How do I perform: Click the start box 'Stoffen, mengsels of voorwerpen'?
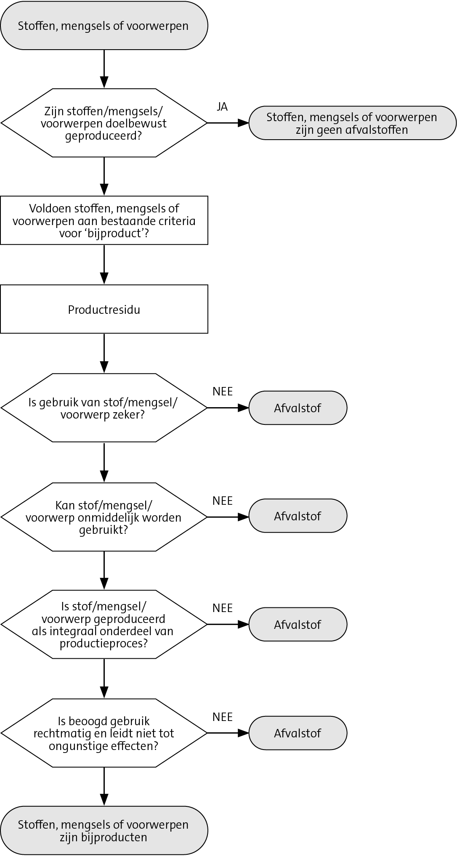(104, 26)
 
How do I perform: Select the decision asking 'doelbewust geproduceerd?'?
(104, 123)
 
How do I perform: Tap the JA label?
(222, 107)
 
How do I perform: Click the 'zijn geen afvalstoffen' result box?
(352, 123)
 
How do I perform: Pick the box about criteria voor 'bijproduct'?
(104, 220)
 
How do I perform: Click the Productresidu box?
(104, 310)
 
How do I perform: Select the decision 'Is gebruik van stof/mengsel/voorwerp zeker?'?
(104, 408)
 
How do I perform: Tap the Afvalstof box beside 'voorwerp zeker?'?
(298, 408)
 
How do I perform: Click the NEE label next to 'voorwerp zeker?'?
(223, 392)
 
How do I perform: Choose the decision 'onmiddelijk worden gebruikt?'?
(104, 517)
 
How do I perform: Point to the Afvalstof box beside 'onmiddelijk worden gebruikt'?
(298, 516)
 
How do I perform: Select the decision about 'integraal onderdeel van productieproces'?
(104, 625)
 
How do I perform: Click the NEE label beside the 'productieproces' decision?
(223, 608)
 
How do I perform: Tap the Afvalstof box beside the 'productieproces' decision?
(298, 625)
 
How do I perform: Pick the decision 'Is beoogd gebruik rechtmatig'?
(104, 733)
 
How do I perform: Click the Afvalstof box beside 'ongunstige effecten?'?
(298, 733)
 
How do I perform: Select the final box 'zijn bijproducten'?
(104, 831)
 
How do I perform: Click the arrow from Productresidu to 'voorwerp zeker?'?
(104, 353)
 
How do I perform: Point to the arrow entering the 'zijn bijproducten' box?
(104, 787)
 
